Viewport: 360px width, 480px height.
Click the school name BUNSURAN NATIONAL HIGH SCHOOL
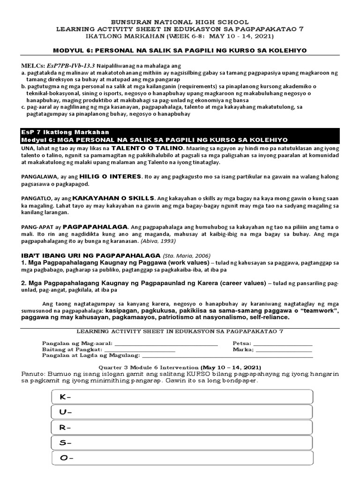[180, 22]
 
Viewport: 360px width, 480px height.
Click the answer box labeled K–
[181, 397]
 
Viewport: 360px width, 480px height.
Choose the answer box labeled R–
[181, 427]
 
